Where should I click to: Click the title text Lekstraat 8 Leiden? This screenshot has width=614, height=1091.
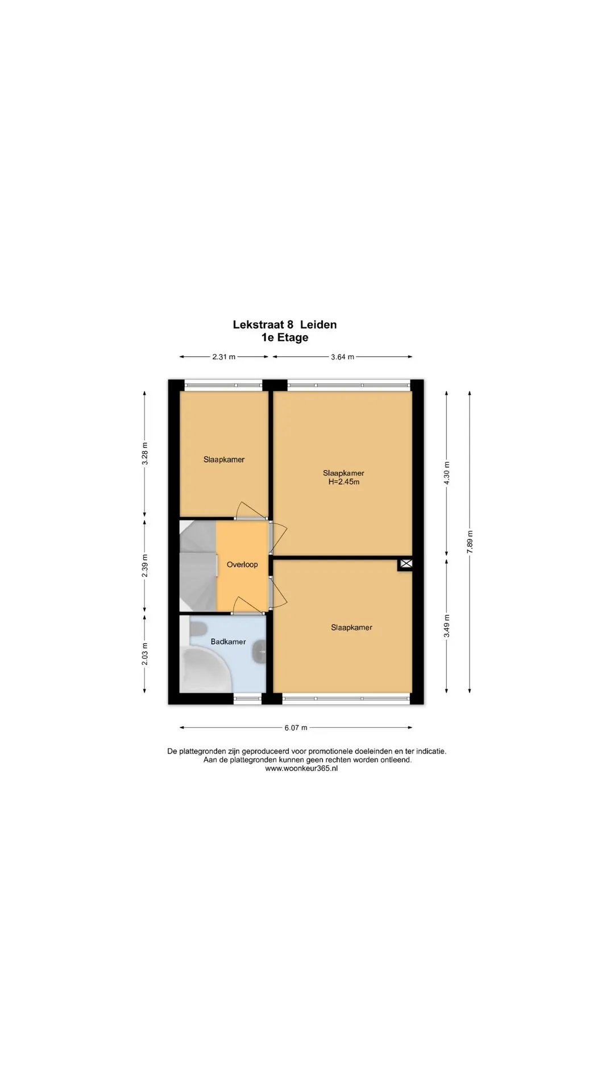(x=285, y=324)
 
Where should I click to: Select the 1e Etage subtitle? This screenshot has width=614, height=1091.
(x=285, y=338)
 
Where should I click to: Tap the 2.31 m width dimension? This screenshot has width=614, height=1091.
(x=223, y=357)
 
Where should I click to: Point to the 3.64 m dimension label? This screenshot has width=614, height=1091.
(x=342, y=357)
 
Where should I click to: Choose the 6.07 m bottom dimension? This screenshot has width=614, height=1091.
(x=296, y=727)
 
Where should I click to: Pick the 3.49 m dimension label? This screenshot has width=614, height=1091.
(x=447, y=626)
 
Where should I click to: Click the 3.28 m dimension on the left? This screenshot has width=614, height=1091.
(x=144, y=453)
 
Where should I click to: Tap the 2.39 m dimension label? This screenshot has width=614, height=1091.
(x=144, y=566)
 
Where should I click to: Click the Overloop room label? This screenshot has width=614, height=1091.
(x=242, y=564)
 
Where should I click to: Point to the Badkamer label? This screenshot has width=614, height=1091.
(x=228, y=642)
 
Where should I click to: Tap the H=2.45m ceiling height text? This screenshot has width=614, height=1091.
(x=344, y=482)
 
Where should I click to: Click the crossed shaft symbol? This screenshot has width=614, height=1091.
(x=405, y=564)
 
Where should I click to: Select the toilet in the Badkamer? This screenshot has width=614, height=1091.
(x=197, y=630)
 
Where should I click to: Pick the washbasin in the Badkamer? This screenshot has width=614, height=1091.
(x=259, y=652)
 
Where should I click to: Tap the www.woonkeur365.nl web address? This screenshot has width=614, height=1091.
(x=301, y=768)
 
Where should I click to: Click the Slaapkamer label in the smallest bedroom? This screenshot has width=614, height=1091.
(x=224, y=460)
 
